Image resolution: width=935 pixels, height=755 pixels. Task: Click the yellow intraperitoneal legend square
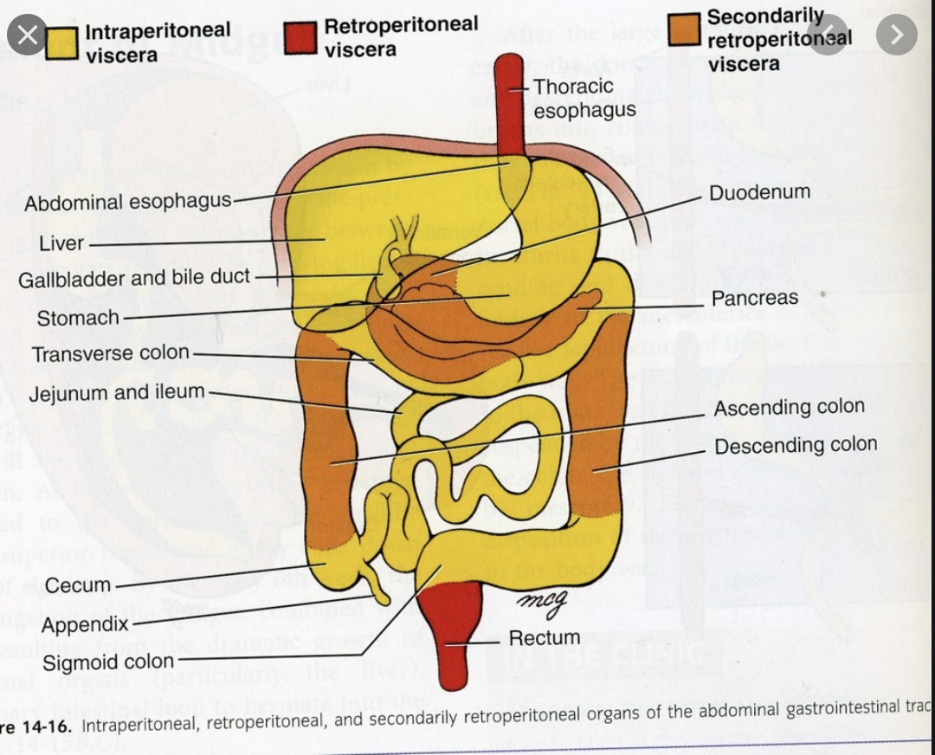tap(63, 42)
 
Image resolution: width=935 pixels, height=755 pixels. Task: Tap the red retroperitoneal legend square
tap(301, 36)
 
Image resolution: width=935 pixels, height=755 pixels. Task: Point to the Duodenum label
tap(759, 192)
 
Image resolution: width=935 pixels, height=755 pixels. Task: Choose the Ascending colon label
tap(789, 407)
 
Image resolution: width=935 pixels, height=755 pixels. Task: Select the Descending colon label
tap(796, 446)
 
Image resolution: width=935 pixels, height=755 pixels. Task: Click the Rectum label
tap(544, 638)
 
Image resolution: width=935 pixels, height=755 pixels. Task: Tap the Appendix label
tap(85, 624)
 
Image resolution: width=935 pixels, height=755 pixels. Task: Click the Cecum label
tap(78, 585)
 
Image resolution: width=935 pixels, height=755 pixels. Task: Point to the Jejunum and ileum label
tap(117, 392)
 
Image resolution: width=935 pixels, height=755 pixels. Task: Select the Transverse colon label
tap(111, 353)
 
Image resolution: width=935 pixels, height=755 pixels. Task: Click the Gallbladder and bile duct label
tap(134, 279)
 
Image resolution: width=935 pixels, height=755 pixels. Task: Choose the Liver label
tap(61, 243)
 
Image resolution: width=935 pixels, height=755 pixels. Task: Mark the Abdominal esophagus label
tap(128, 203)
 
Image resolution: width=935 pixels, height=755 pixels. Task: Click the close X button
tap(27, 35)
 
